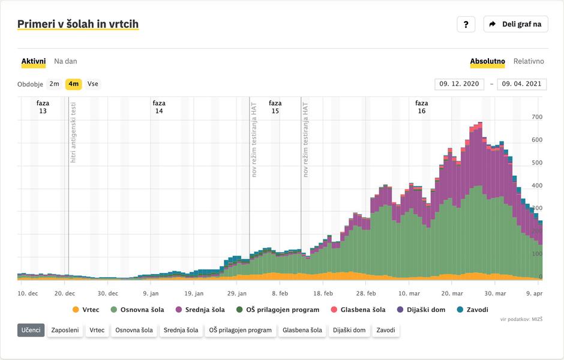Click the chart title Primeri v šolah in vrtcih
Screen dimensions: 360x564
pyautogui.click(x=78, y=24)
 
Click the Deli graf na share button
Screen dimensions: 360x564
pyautogui.click(x=515, y=24)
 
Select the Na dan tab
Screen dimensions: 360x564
pyautogui.click(x=65, y=61)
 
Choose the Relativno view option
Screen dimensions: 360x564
pyautogui.click(x=529, y=61)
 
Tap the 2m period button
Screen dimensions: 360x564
pyautogui.click(x=55, y=84)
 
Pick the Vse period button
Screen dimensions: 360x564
pyautogui.click(x=93, y=84)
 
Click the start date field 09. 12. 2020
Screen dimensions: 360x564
pyautogui.click(x=459, y=84)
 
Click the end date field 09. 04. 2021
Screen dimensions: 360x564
pyautogui.click(x=521, y=84)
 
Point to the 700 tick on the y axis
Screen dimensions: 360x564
pyautogui.click(x=537, y=117)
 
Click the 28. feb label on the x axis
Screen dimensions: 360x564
pyautogui.click(x=366, y=294)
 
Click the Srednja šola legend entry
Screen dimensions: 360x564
pyautogui.click(x=200, y=310)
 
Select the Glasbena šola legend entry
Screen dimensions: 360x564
pyautogui.click(x=358, y=310)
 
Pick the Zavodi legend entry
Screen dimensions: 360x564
pyautogui.click(x=472, y=310)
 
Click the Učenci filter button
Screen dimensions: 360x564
pyautogui.click(x=31, y=330)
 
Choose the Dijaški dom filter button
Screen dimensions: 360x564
pyautogui.click(x=350, y=330)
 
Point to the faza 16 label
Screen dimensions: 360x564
pyautogui.click(x=422, y=107)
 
